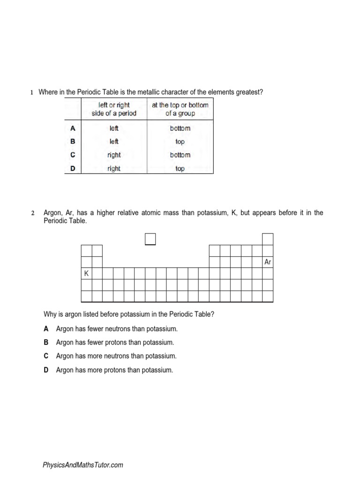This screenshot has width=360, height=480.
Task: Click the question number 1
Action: click(x=32, y=92)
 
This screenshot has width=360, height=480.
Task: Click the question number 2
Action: click(x=33, y=213)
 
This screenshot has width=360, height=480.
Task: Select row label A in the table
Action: click(x=73, y=128)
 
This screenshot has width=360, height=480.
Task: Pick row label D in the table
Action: click(x=73, y=169)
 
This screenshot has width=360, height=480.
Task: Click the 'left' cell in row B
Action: click(x=114, y=142)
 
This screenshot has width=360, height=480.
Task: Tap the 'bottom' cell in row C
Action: click(x=180, y=155)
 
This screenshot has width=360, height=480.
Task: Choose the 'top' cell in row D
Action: click(x=180, y=169)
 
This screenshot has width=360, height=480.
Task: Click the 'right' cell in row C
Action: click(x=114, y=155)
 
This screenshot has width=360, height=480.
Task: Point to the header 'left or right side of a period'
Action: click(x=114, y=109)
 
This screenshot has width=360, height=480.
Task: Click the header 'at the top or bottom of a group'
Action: click(x=180, y=109)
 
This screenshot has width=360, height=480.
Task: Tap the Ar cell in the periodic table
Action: click(x=268, y=262)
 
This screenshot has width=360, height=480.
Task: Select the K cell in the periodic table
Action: click(x=86, y=273)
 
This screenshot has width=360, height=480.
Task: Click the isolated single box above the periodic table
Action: click(x=150, y=239)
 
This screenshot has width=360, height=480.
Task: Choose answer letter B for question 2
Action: click(x=46, y=343)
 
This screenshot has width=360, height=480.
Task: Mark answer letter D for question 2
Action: click(x=46, y=370)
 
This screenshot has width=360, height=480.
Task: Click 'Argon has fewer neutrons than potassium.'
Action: click(x=117, y=329)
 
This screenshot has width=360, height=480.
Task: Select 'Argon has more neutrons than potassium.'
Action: click(x=116, y=356)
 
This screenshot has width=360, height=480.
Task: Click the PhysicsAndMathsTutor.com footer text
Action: click(x=83, y=465)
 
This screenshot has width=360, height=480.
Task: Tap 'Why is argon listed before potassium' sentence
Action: click(x=128, y=314)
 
